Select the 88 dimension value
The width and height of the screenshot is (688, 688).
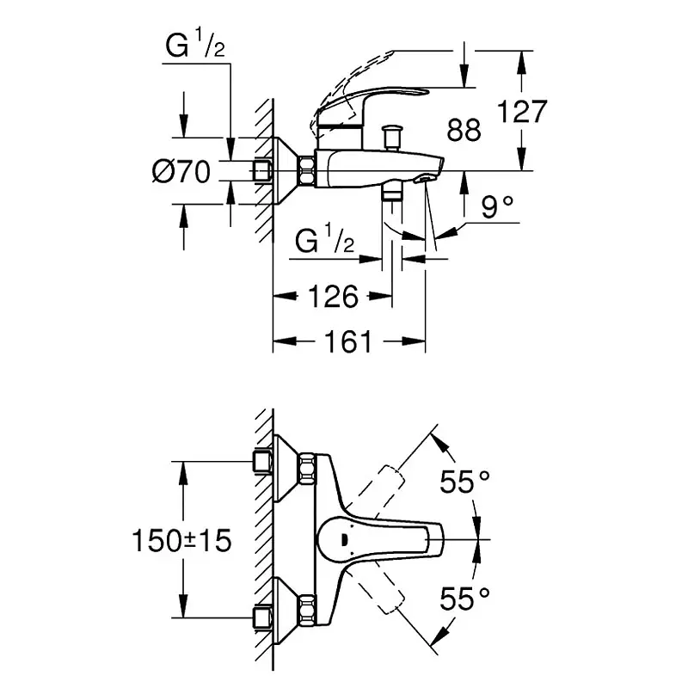[x=464, y=130]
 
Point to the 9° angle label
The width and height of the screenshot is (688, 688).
[x=497, y=206]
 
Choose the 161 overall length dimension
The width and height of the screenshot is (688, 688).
[x=348, y=342]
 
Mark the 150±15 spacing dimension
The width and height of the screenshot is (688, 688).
[x=181, y=540]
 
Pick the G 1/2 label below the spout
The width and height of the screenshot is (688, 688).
[x=324, y=242]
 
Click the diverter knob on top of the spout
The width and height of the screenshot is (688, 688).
[x=395, y=136]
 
